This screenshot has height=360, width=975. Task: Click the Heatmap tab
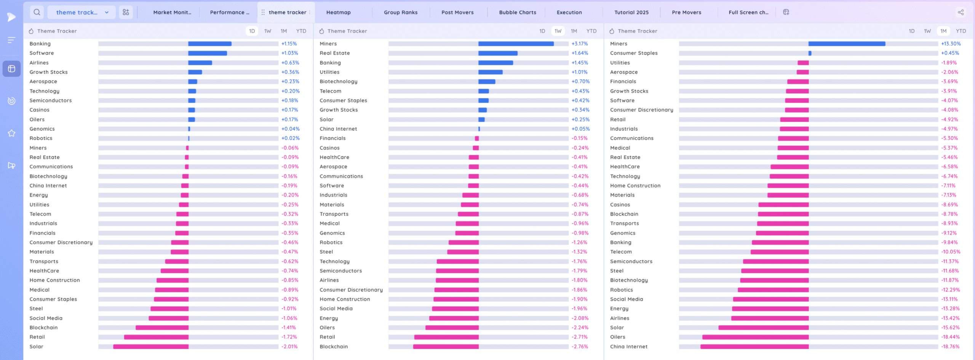click(x=338, y=12)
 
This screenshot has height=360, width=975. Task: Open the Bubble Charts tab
click(x=517, y=12)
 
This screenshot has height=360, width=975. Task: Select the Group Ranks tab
click(x=400, y=12)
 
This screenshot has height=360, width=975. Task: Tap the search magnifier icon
click(x=37, y=12)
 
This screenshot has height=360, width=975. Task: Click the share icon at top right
click(x=961, y=12)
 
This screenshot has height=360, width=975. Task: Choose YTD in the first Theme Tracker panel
click(x=301, y=31)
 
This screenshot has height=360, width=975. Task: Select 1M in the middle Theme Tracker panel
click(x=574, y=31)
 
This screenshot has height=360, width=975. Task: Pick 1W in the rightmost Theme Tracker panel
click(x=927, y=31)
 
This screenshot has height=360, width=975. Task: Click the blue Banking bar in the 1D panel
click(x=209, y=44)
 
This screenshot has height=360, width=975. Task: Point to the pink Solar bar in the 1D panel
click(x=151, y=347)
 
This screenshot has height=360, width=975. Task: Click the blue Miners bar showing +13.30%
click(x=847, y=44)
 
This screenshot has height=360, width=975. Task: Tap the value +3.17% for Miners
click(x=580, y=44)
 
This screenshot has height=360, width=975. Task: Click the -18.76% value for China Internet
click(x=950, y=347)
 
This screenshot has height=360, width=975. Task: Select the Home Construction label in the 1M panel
click(x=635, y=186)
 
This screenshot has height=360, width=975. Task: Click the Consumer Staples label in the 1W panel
click(x=343, y=101)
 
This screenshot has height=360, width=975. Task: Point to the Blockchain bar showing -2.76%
click(x=446, y=347)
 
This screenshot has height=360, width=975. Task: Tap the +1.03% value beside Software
click(x=289, y=53)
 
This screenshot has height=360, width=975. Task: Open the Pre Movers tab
click(x=686, y=12)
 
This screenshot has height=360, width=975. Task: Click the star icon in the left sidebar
click(x=11, y=133)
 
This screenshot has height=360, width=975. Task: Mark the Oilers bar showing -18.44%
click(x=755, y=337)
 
